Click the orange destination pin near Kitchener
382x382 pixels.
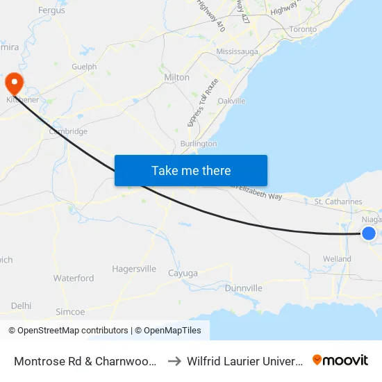(14, 83)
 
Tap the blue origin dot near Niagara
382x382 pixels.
(369, 233)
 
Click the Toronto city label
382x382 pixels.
(303, 29)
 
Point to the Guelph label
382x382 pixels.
(84, 67)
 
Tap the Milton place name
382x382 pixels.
(177, 78)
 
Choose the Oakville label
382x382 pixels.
(231, 101)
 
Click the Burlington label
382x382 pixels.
(199, 144)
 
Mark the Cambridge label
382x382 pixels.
(67, 131)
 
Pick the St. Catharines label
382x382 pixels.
(338, 202)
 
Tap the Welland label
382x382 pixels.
(337, 259)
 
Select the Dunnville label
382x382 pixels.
(243, 288)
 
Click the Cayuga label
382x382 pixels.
(183, 273)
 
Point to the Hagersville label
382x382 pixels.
(134, 269)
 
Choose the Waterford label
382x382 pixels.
(74, 279)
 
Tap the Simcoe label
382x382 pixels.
(69, 312)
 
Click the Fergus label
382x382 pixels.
(51, 10)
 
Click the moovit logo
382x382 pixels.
(340, 360)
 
